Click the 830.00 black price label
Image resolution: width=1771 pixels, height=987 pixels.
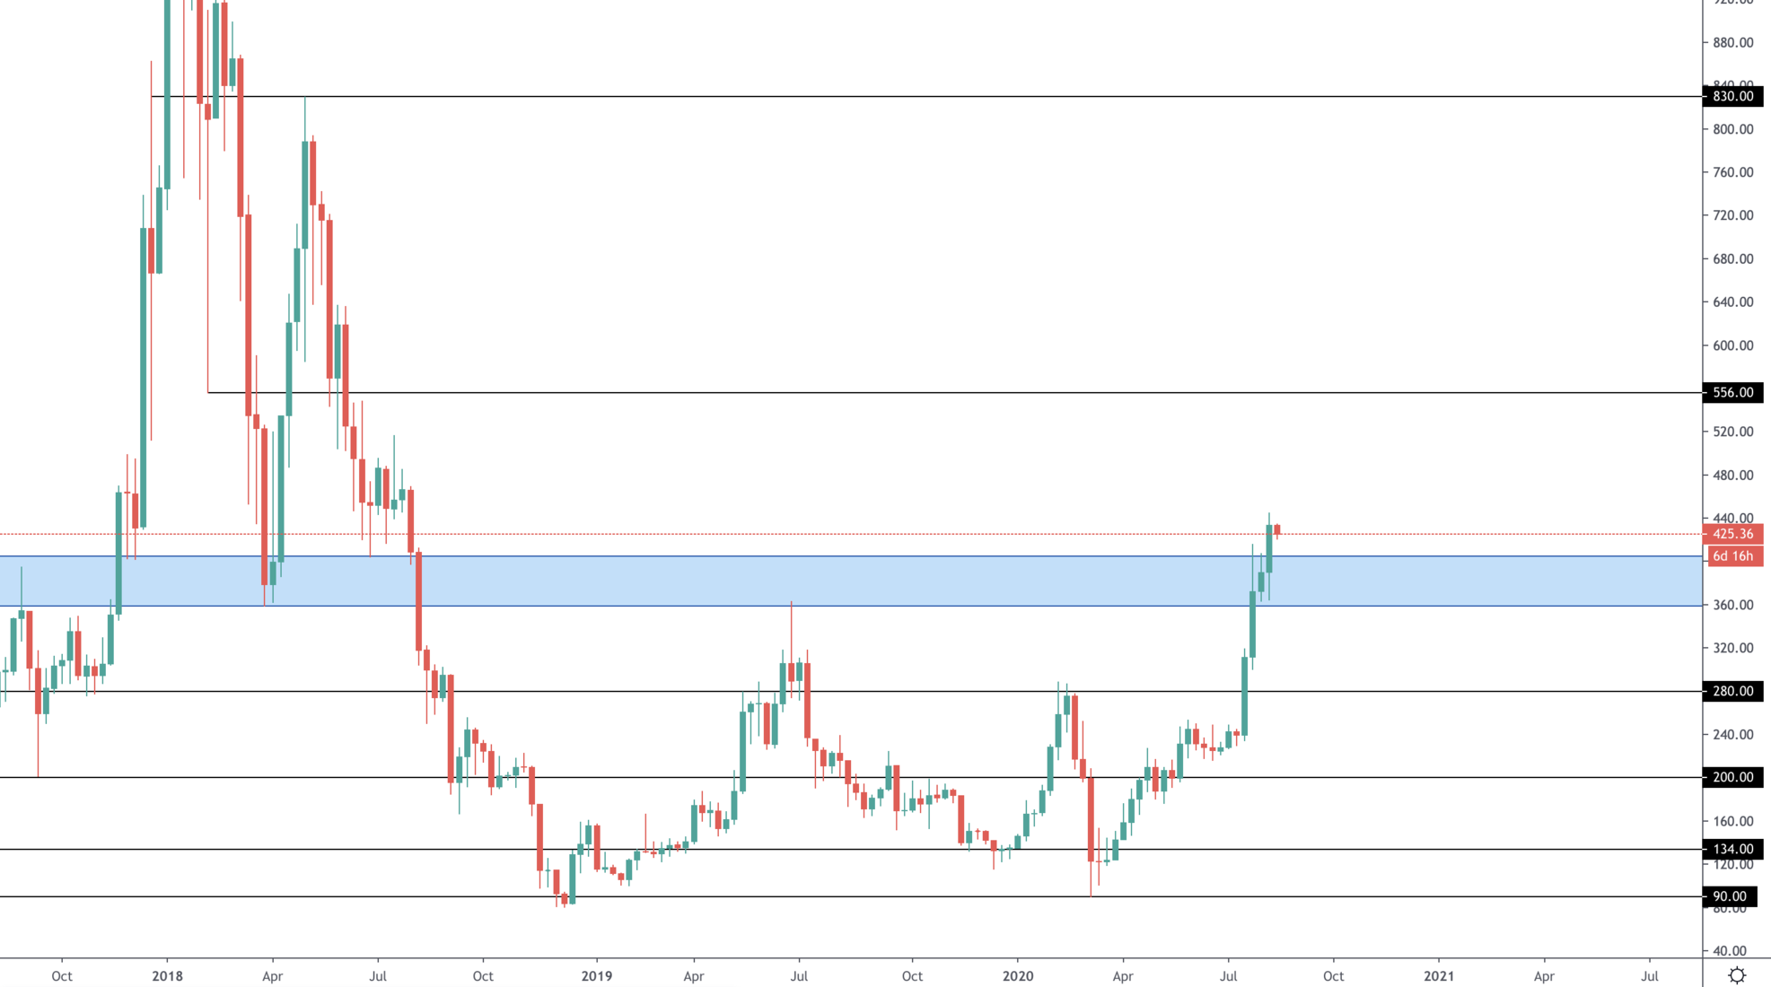click(1732, 96)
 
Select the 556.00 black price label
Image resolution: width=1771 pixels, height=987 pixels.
click(1732, 392)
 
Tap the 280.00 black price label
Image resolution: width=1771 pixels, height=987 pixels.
click(1732, 691)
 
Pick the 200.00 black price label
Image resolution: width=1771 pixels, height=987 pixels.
click(1732, 777)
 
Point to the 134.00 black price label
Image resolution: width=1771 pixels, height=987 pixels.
click(1732, 849)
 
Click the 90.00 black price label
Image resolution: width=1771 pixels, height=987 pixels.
click(1729, 896)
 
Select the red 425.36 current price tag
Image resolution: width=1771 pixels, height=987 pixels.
click(1732, 534)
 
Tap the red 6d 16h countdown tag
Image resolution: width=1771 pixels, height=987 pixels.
click(1732, 556)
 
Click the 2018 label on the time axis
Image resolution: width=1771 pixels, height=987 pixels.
click(167, 976)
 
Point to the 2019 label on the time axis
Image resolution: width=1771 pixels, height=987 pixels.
click(596, 976)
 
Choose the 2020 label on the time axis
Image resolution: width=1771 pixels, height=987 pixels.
click(1018, 976)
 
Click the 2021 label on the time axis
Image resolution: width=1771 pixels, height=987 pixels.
click(1439, 976)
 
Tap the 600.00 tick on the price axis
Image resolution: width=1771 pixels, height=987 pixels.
click(1732, 345)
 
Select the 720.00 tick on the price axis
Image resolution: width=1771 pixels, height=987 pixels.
click(1732, 215)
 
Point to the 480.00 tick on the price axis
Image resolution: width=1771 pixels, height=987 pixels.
click(1732, 476)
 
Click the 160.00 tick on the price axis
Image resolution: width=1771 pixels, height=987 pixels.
click(1732, 821)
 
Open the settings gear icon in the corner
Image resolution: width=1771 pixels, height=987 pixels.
click(1737, 975)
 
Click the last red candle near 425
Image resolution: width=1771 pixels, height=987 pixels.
click(1276, 529)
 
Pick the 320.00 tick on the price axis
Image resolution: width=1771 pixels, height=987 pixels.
click(1732, 648)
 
